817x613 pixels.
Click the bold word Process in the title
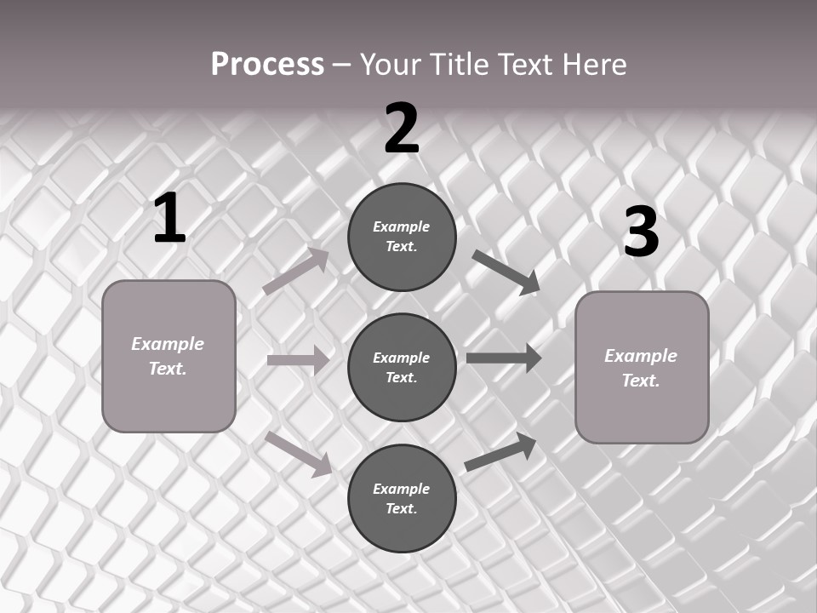pyautogui.click(x=267, y=65)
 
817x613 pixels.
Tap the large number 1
pyautogui.click(x=169, y=219)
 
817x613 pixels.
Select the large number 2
pyautogui.click(x=402, y=129)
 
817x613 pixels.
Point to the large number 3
pyautogui.click(x=641, y=232)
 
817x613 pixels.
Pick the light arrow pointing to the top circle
pyautogui.click(x=296, y=272)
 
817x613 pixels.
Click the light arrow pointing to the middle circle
pyautogui.click(x=298, y=360)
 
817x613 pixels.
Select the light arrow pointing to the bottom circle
pyautogui.click(x=299, y=453)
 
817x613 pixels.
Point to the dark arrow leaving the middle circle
pyautogui.click(x=504, y=358)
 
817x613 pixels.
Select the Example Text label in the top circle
pyautogui.click(x=402, y=237)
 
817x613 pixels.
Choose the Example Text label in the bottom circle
pyautogui.click(x=402, y=499)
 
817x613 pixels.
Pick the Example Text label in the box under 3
pyautogui.click(x=642, y=368)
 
